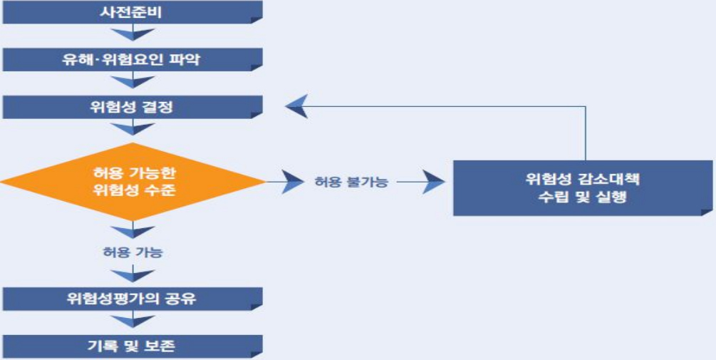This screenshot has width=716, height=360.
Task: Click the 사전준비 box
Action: (x=132, y=12)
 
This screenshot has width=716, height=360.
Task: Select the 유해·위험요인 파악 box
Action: (x=132, y=60)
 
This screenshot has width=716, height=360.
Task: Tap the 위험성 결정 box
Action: (x=132, y=108)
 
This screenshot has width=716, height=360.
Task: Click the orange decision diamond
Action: (x=133, y=182)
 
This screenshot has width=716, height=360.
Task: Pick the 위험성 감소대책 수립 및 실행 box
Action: (x=583, y=187)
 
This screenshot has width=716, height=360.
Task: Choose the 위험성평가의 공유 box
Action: (x=132, y=299)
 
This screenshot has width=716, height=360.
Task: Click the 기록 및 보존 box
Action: (x=132, y=346)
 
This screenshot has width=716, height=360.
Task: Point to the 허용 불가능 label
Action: (x=351, y=182)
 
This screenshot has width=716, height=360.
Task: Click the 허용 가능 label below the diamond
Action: (x=133, y=252)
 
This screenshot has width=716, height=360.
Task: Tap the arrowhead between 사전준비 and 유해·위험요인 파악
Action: (x=133, y=35)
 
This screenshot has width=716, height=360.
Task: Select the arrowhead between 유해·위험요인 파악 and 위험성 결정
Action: (x=133, y=83)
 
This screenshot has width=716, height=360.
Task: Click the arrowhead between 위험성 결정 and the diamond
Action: (x=133, y=130)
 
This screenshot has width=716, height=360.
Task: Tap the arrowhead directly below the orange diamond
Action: (x=133, y=231)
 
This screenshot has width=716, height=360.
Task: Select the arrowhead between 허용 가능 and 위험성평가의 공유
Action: (x=133, y=275)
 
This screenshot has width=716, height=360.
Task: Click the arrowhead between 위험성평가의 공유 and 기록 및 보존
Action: (x=133, y=322)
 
